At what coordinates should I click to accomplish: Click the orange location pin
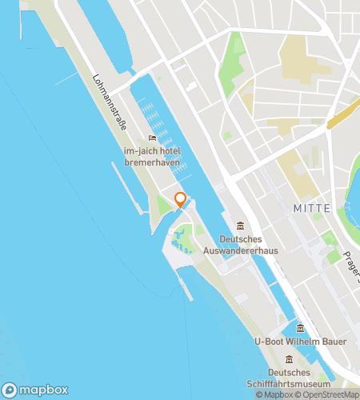point(180,199)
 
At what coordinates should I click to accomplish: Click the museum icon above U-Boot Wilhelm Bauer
point(301,328)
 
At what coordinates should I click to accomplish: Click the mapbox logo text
point(38,390)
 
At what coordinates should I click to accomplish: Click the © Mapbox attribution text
point(274,394)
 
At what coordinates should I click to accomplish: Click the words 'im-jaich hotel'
point(152,151)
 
